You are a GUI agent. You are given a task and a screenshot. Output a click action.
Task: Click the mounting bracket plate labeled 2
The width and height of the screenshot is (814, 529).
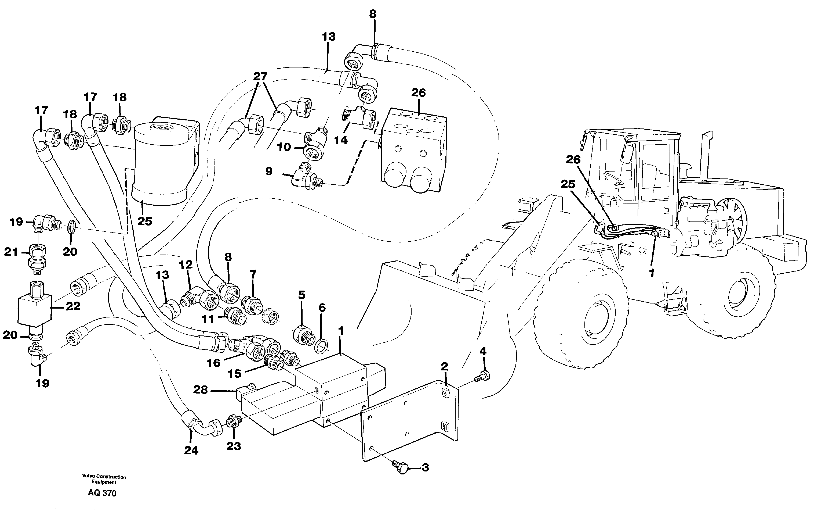point(410,424)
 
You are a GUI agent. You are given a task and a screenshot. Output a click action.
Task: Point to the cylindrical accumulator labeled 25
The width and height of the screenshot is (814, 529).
point(161,164)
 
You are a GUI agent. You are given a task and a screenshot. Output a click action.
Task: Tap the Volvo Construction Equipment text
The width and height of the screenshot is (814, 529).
point(104,479)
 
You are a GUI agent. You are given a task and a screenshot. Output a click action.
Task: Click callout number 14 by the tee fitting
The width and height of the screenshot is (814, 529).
point(341,140)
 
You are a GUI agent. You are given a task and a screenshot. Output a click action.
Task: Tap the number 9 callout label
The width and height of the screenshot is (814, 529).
point(269,171)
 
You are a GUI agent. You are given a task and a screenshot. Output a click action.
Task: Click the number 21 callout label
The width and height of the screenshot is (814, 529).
point(11,252)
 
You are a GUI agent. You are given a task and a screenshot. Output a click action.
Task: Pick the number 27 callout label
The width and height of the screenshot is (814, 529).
point(260,76)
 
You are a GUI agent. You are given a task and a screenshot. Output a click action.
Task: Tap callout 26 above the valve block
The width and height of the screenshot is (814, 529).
point(419,93)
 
